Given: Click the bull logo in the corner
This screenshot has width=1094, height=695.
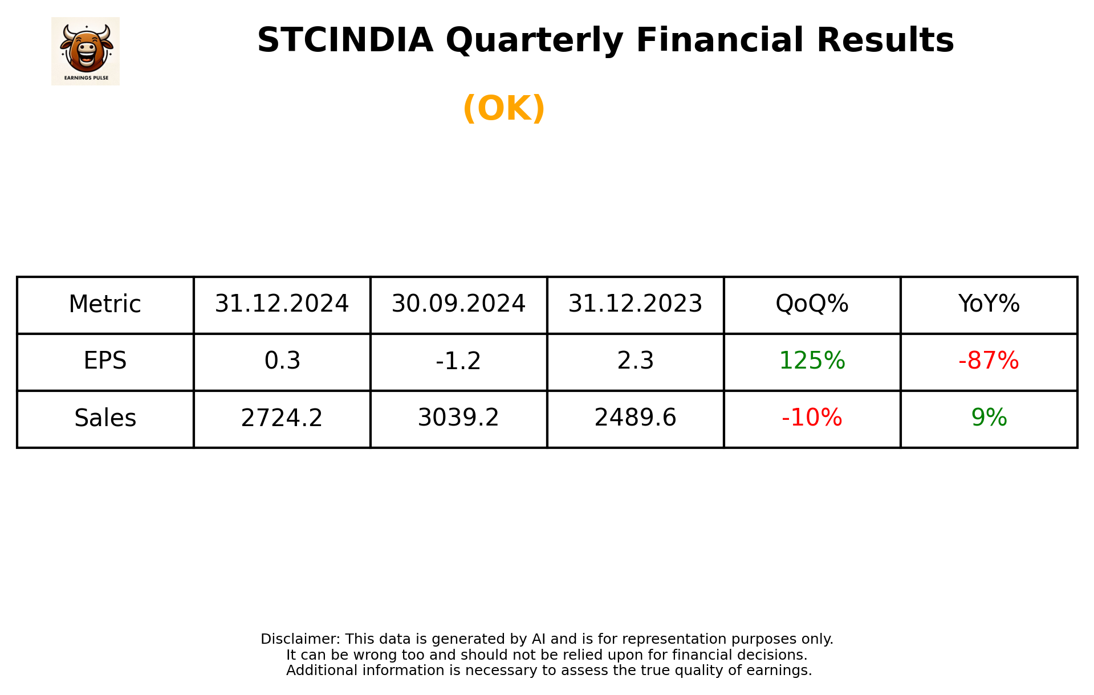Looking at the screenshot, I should coord(86,51).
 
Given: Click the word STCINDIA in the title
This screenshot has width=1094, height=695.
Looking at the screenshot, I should coord(345,40).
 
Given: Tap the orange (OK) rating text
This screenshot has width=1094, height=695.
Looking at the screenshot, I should coord(504,108).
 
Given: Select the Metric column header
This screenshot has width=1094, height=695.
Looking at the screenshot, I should coord(105,304).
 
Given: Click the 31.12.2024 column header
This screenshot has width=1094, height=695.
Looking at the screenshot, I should coord(282,304).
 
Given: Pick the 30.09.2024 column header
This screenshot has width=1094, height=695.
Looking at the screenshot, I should coord(458,304).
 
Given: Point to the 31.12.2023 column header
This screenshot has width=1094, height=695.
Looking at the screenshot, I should coord(635,304).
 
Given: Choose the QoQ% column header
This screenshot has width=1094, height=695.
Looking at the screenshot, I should coord(812,304).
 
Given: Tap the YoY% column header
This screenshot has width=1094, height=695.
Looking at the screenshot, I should coord(989,304).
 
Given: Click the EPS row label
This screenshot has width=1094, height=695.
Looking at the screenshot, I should coord(105,361).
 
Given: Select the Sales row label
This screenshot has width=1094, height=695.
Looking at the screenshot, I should coord(105,418).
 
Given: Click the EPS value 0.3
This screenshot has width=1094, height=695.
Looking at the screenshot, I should coord(282,361).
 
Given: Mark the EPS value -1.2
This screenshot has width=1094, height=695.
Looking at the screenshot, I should coord(458,361).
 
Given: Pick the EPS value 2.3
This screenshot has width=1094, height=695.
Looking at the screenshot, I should coord(635,361).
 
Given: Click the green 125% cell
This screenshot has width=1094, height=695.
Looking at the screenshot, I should coord(812,361).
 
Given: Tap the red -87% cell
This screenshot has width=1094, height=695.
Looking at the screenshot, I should coord(989,361).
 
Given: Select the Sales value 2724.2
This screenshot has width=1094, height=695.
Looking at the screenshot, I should coord(282,418).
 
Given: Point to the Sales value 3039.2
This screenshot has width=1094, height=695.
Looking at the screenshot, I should coord(458,418).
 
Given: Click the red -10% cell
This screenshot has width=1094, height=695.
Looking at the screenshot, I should coord(812,418).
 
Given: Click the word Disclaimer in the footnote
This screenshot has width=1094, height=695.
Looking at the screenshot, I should coord(300,639).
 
